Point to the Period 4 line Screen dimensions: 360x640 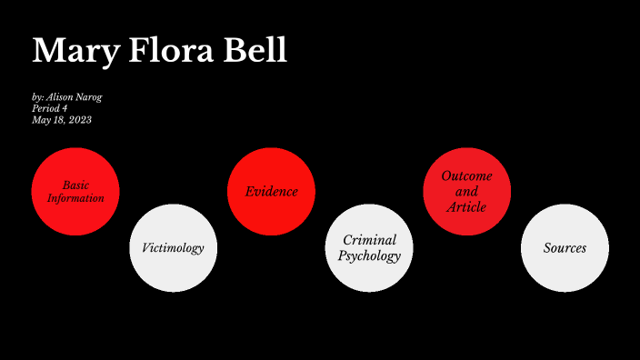[49, 108]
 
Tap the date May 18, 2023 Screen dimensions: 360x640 [61, 119]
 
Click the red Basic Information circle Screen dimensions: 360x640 [75, 192]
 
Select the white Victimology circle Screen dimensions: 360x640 [174, 248]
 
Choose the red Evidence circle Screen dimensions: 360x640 [271, 192]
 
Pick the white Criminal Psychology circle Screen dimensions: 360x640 [369, 248]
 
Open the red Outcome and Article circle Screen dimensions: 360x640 [466, 192]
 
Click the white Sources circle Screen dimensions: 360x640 [565, 248]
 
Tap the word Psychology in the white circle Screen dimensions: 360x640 [369, 256]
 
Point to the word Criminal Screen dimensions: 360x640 [369, 240]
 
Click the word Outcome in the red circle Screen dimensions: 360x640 [466, 176]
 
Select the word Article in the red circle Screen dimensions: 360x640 [466, 207]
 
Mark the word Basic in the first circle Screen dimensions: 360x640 [75, 185]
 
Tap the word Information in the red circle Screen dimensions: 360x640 [75, 198]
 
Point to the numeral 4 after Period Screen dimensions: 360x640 [65, 108]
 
